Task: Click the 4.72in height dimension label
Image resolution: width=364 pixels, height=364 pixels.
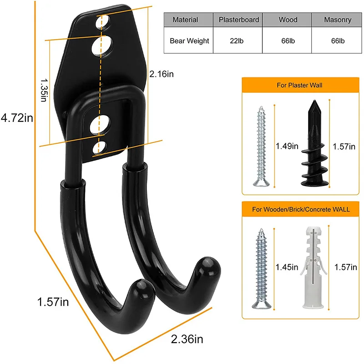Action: (x=17, y=118)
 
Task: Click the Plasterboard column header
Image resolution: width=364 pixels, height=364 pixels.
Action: (x=239, y=20)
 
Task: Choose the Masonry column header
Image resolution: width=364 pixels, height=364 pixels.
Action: (x=337, y=20)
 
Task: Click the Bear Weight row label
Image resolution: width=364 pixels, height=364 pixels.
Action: (x=189, y=41)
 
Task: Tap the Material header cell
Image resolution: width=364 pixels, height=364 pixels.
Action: (x=185, y=20)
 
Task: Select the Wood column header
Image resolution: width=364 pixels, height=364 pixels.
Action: (x=288, y=20)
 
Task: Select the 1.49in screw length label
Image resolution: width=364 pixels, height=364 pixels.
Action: (x=287, y=146)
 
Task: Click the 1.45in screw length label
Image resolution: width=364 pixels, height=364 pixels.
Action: (x=287, y=267)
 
